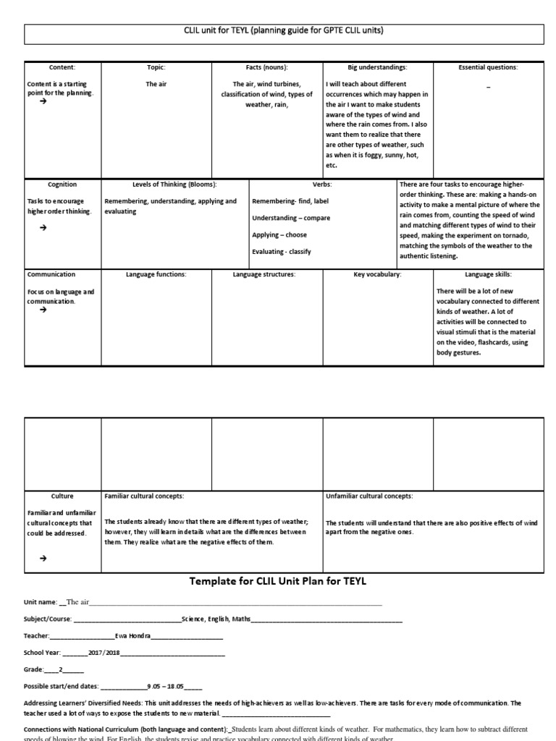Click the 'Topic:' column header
156,67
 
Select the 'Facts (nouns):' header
266,67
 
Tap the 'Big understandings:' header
377,67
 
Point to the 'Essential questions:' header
488,67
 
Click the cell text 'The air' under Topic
156,85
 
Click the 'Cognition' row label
62,185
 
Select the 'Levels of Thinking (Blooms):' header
174,185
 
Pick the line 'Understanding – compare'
291,218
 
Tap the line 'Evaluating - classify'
281,252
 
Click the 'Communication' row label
51,274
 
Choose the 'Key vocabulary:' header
377,274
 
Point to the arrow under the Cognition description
43,227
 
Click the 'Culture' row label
62,496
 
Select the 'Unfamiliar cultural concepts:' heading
369,496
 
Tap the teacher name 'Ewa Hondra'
133,635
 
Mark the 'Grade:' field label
34,669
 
